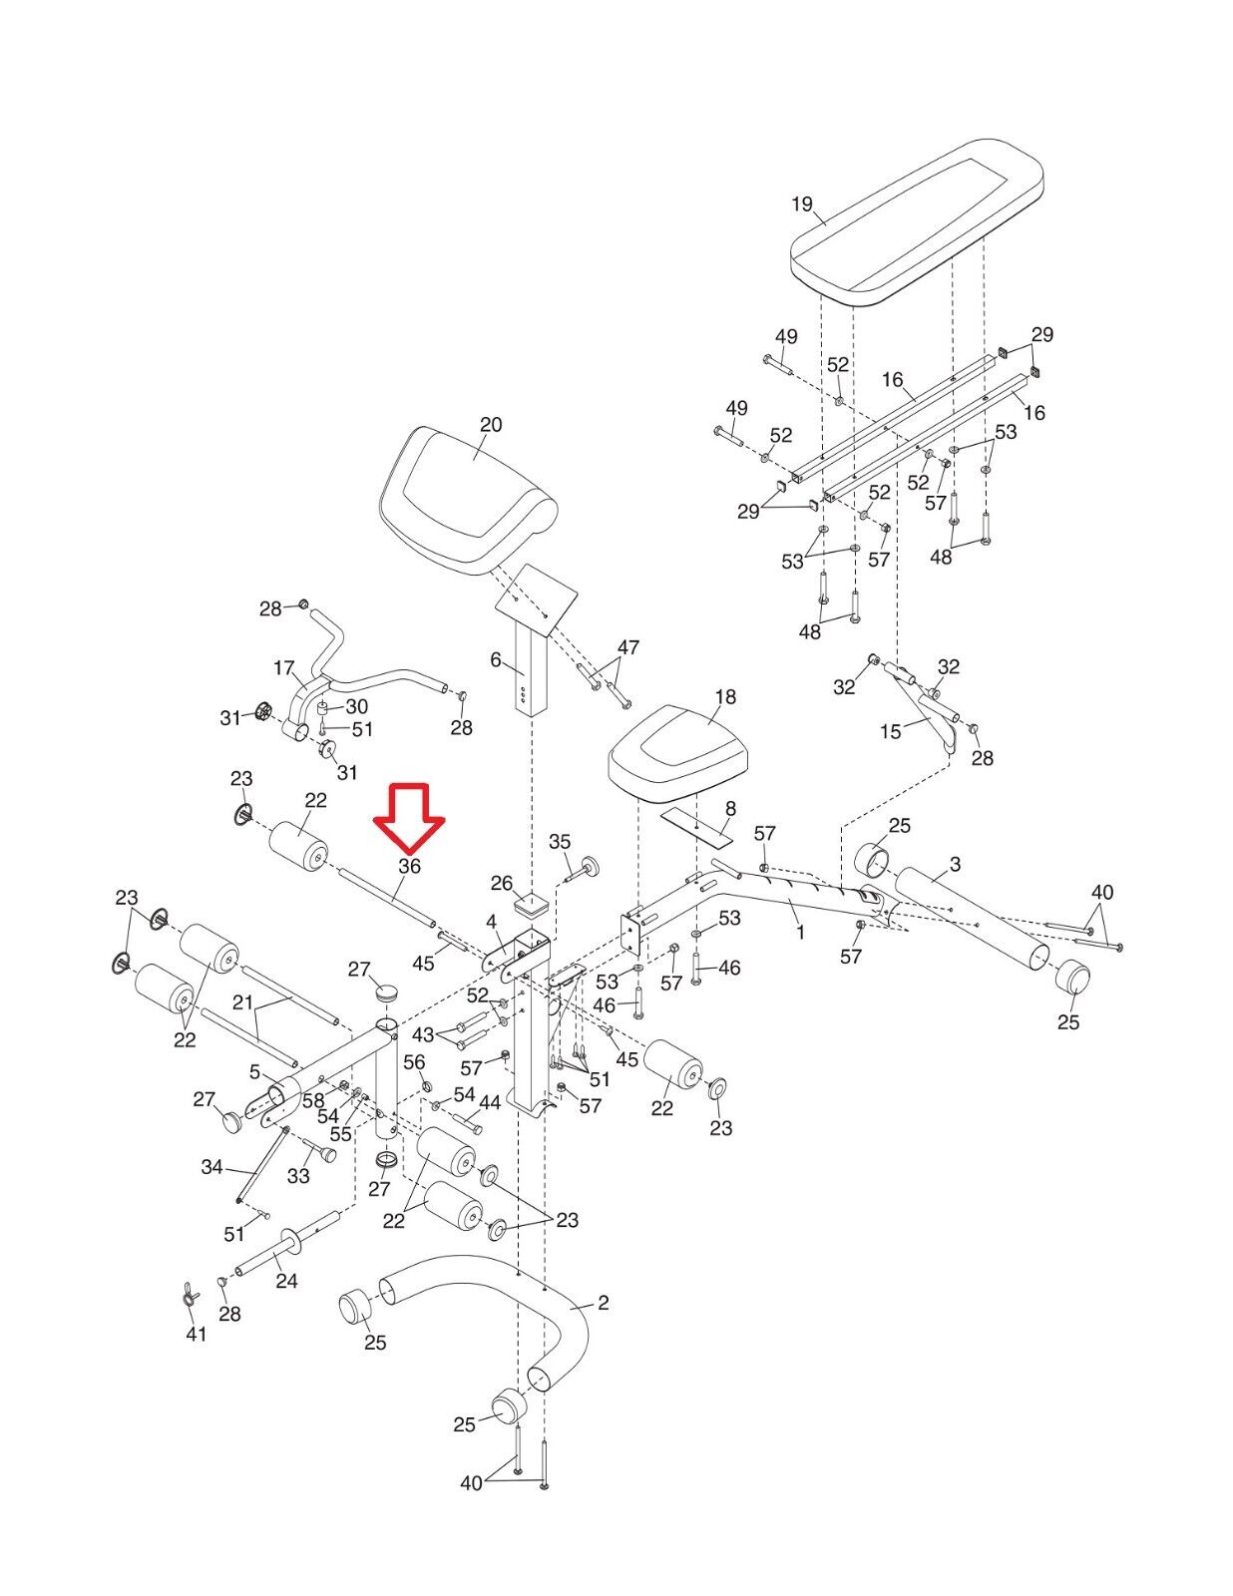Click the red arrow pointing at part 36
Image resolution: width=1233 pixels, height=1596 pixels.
coord(409,813)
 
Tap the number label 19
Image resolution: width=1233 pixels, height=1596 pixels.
coord(802,204)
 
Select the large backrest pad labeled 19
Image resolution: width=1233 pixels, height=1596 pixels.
coord(918,224)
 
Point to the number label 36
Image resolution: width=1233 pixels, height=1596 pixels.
coord(409,867)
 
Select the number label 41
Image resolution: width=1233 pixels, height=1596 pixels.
coord(197,1333)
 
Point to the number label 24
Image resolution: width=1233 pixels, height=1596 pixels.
coord(286,1280)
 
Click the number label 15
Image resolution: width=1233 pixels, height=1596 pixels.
coord(890,731)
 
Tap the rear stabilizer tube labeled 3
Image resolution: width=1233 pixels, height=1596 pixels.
coord(968,908)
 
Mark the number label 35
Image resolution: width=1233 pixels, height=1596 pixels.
coord(560,842)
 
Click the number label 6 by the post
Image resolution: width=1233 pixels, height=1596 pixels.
coord(496,659)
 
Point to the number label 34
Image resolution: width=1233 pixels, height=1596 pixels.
coord(211,1166)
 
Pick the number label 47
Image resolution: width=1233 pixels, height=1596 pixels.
coord(627,647)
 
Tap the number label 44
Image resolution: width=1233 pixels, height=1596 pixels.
coord(490,1103)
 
